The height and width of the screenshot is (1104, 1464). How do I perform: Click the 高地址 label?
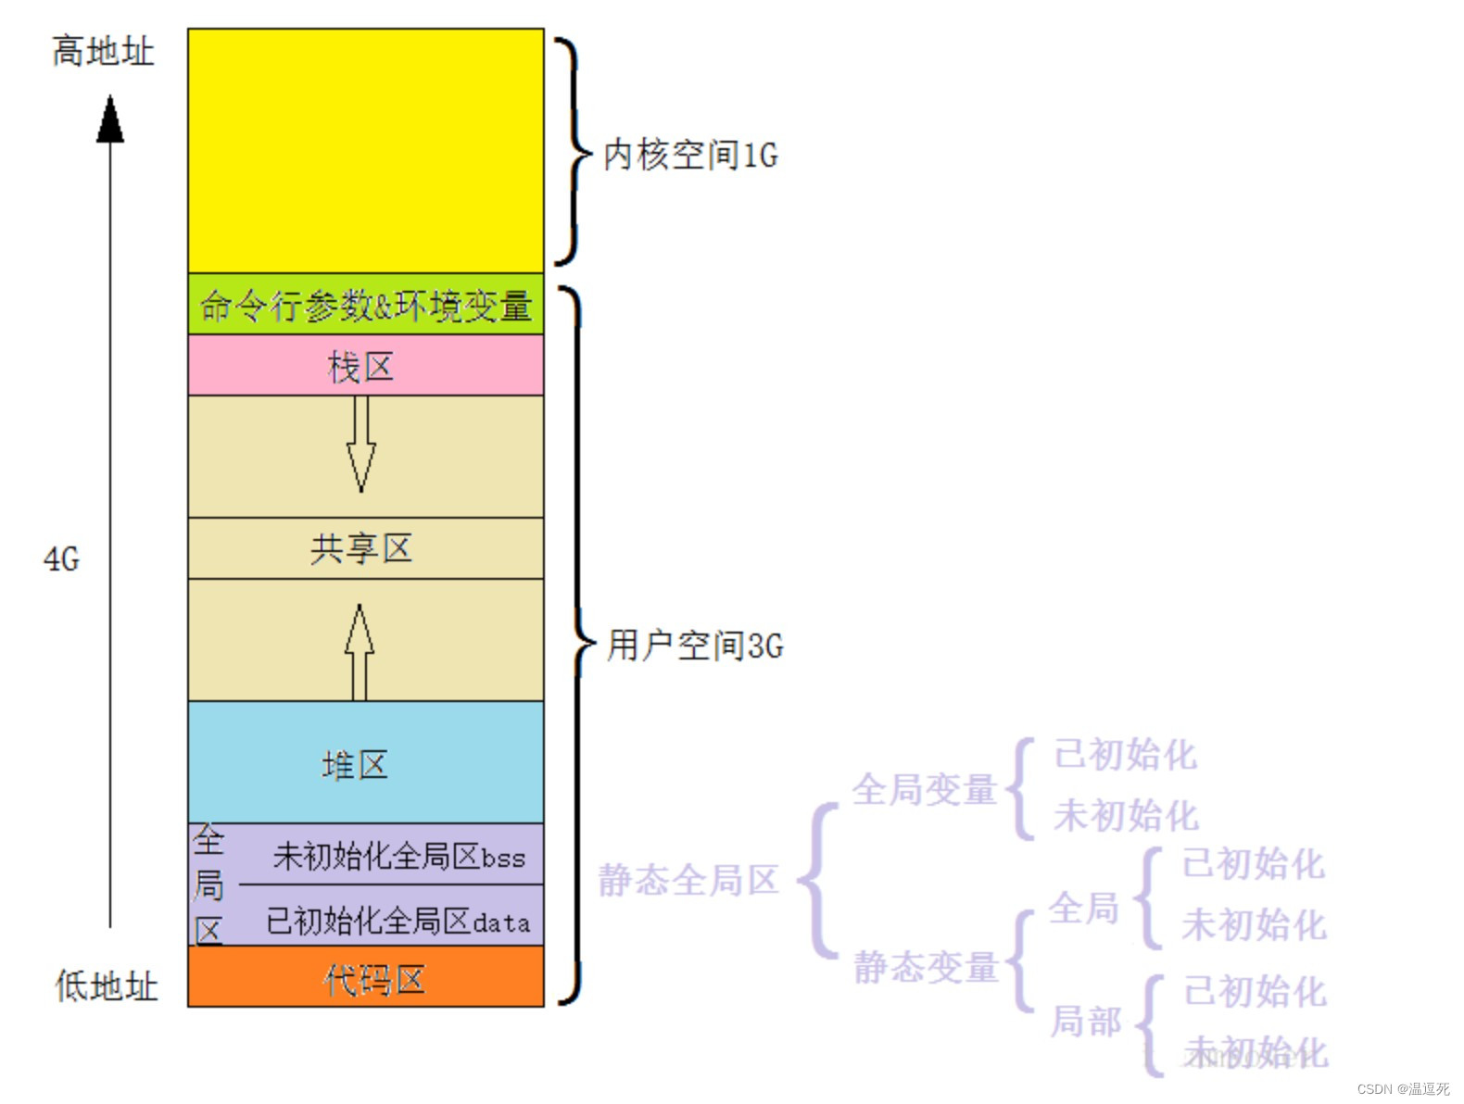click(x=103, y=51)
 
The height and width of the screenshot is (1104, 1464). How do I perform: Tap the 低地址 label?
click(x=107, y=985)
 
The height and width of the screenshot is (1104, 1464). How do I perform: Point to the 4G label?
click(x=62, y=559)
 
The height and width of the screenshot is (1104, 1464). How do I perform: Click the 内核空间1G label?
click(x=690, y=155)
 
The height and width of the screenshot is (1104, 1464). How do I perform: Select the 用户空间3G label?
click(x=695, y=646)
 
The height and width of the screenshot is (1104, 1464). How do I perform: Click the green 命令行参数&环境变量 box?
click(x=365, y=305)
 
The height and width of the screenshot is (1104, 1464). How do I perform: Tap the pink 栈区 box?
click(x=365, y=367)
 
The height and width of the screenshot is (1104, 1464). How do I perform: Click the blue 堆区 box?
click(x=365, y=763)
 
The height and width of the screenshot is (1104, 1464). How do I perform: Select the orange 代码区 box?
click(x=365, y=978)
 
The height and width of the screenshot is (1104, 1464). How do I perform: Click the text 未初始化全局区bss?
click(x=399, y=857)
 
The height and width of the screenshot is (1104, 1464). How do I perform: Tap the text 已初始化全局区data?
click(x=398, y=921)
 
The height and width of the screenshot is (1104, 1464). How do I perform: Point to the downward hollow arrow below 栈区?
click(x=360, y=445)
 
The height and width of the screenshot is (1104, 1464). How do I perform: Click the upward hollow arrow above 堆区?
click(x=360, y=651)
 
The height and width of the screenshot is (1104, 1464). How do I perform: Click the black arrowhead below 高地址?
click(x=110, y=120)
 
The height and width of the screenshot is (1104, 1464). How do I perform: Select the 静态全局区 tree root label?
click(x=688, y=880)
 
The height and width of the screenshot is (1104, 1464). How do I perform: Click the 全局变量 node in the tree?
click(x=924, y=790)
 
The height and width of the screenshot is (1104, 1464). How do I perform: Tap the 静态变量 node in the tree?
click(x=925, y=967)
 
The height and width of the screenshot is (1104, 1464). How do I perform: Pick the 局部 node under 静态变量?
click(x=1086, y=1022)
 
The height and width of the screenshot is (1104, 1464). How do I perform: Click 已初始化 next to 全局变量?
click(x=1126, y=755)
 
